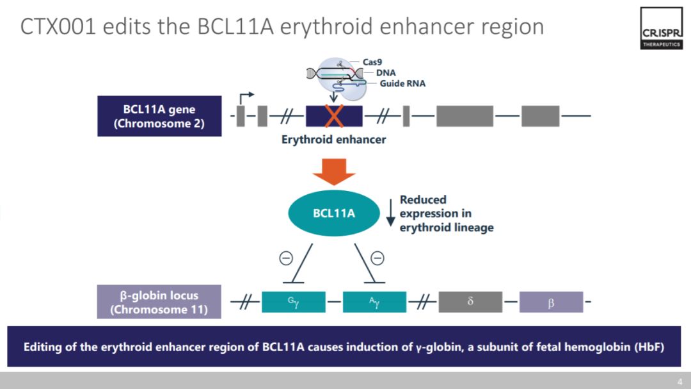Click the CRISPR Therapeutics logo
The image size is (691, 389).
(661, 28)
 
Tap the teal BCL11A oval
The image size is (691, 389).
(333, 213)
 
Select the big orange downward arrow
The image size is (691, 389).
(333, 172)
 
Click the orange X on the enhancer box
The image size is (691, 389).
(333, 116)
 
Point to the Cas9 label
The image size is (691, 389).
(372, 62)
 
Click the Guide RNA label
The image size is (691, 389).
(402, 83)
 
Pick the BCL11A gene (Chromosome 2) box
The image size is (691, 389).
(159, 116)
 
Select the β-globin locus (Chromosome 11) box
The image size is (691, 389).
(159, 302)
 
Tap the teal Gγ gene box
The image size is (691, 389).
(294, 302)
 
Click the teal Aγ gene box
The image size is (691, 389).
(374, 302)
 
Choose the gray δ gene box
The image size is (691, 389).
(470, 302)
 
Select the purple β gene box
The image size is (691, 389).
(552, 302)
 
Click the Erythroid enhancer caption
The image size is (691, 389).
(333, 140)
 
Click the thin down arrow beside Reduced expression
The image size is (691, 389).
(390, 213)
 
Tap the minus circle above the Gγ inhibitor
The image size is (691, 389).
(286, 258)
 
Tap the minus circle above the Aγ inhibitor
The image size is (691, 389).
(377, 258)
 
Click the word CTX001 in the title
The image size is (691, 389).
(58, 26)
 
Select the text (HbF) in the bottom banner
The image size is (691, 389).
(649, 347)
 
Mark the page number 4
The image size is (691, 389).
(680, 381)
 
